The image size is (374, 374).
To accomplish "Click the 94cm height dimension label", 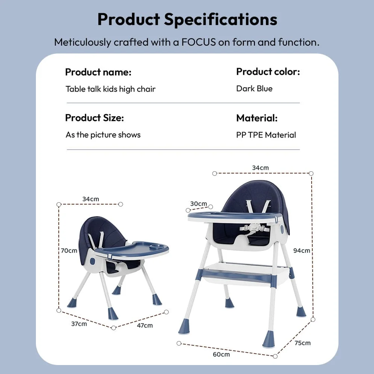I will pyautogui.click(x=301, y=250).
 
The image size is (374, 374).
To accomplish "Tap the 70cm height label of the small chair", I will pyautogui.click(x=69, y=250).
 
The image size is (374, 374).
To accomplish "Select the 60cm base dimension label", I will pyautogui.click(x=222, y=354).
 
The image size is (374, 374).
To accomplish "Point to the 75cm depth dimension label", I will pyautogui.click(x=302, y=343).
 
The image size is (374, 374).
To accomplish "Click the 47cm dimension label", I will pyautogui.click(x=145, y=325).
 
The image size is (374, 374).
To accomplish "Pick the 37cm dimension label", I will pyautogui.click(x=79, y=324).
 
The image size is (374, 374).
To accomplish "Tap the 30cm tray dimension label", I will pyautogui.click(x=198, y=203).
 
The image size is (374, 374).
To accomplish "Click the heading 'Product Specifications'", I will pyautogui.click(x=187, y=19).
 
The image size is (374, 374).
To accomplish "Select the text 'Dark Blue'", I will pyautogui.click(x=254, y=89).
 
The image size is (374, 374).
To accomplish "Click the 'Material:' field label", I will pyautogui.click(x=257, y=118).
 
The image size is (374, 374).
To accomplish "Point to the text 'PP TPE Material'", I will pyautogui.click(x=266, y=135).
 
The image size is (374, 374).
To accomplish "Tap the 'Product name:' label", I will pyautogui.click(x=98, y=72).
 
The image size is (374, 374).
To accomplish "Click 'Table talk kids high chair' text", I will pyautogui.click(x=110, y=89).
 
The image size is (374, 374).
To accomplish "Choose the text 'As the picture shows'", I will pyautogui.click(x=103, y=135).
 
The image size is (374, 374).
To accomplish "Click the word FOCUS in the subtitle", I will pyautogui.click(x=199, y=42).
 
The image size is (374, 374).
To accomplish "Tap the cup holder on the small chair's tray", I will pyautogui.click(x=157, y=246).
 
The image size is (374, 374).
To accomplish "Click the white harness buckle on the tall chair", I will pyautogui.click(x=255, y=227).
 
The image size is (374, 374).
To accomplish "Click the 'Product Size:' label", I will pyautogui.click(x=94, y=118).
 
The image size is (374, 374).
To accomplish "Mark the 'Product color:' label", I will pyautogui.click(x=268, y=71).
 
